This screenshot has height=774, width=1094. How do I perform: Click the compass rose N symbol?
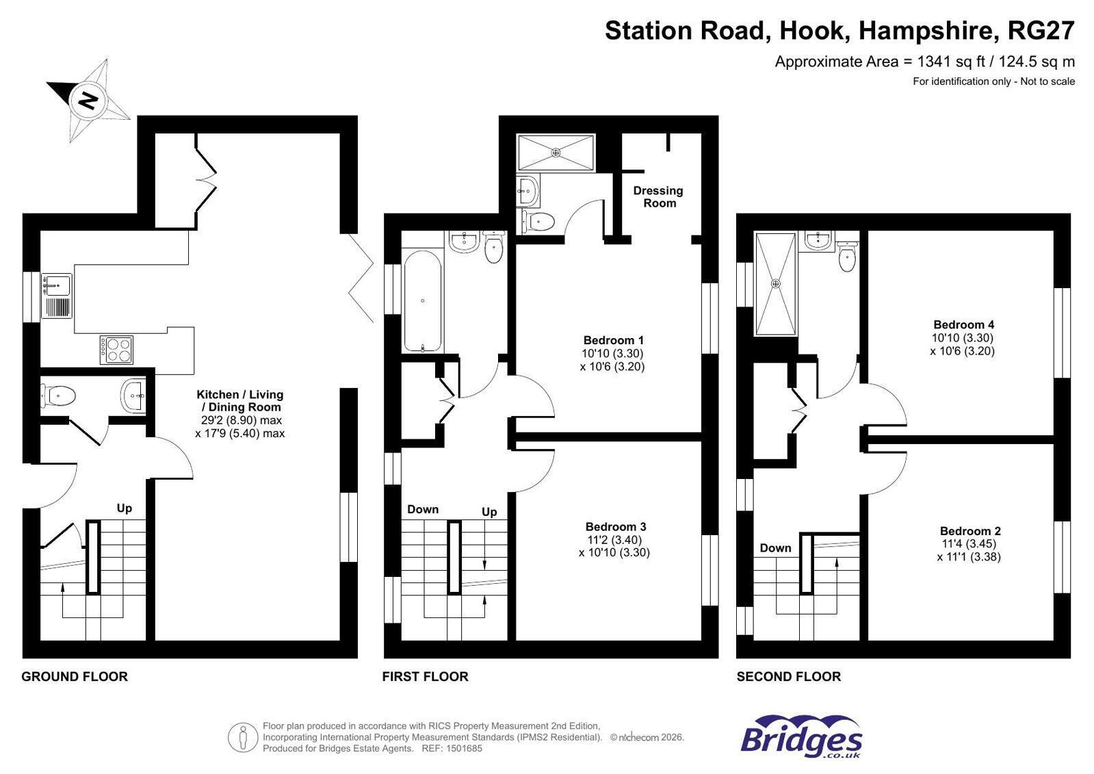[88, 100]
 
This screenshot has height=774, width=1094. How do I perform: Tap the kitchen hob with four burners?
[116, 350]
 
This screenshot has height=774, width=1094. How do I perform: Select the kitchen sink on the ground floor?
[57, 296]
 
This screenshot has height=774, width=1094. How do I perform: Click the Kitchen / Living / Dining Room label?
[239, 400]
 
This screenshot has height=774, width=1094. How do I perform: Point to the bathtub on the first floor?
[422, 300]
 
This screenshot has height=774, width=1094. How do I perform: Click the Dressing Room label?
[658, 197]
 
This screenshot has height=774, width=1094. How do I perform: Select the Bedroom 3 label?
[615, 527]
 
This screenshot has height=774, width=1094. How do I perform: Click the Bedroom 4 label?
[963, 324]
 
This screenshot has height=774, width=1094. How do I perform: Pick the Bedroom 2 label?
[970, 530]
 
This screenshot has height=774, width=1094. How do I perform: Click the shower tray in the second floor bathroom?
[776, 284]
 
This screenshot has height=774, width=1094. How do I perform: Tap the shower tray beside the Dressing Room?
[556, 153]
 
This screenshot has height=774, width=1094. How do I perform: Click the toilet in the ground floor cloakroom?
[58, 395]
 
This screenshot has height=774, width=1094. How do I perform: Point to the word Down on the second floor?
[775, 547]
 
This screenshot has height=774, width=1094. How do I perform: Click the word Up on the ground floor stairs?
[124, 508]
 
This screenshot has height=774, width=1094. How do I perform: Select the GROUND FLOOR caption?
[75, 676]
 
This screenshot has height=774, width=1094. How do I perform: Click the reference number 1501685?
[463, 748]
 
